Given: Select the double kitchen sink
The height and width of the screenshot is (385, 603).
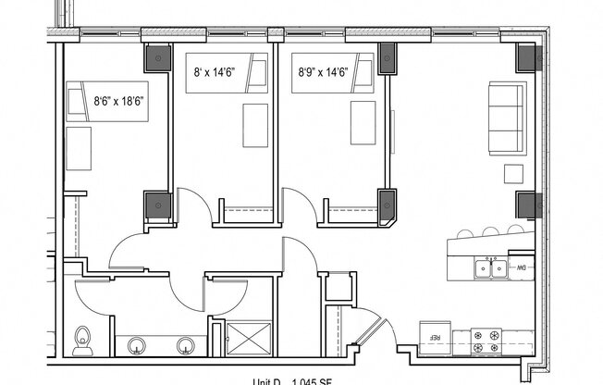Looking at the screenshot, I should point(489,268).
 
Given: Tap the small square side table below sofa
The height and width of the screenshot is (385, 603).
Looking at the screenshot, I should point(513,173).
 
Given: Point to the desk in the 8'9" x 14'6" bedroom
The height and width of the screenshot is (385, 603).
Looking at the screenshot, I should point(363,121).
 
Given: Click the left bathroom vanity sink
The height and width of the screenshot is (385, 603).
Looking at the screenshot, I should point(138,345).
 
